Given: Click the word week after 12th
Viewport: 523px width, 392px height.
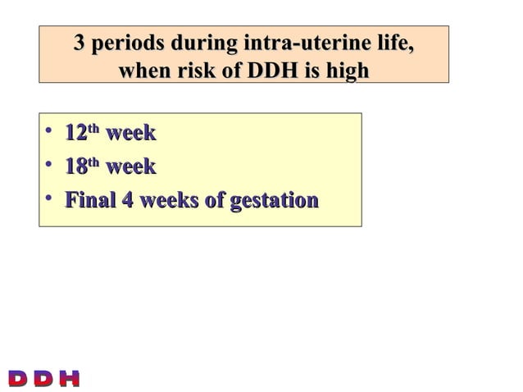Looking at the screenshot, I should (x=131, y=134).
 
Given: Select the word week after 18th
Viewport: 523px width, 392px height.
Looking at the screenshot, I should (x=131, y=167).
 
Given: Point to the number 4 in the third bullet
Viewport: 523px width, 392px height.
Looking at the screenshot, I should (x=129, y=201).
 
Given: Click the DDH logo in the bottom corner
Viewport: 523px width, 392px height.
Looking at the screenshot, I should (x=43, y=378).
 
